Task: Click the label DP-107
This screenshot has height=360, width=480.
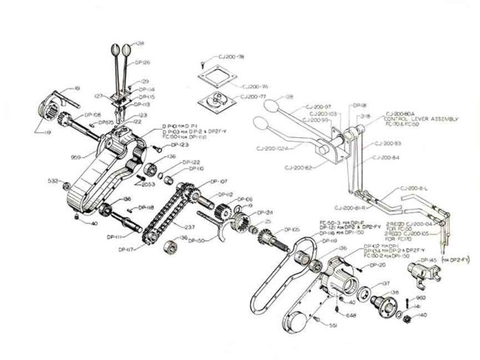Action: coord(219,181)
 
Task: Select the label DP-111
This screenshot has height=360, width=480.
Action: coord(114,237)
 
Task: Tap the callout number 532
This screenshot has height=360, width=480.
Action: coord(53,180)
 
